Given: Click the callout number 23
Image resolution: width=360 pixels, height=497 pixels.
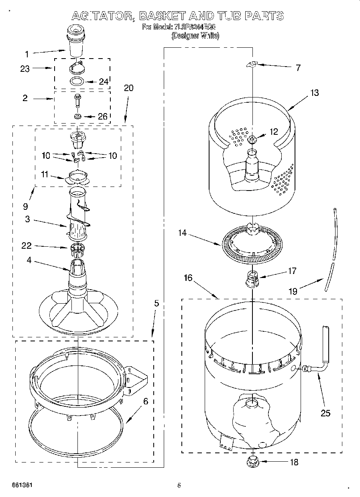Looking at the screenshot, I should click(25, 69).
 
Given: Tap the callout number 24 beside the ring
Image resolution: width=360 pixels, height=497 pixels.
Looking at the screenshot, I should click(104, 81).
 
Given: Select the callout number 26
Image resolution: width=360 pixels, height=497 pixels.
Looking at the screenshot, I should click(103, 117).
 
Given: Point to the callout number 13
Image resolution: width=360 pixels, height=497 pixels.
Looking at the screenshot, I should click(314, 93).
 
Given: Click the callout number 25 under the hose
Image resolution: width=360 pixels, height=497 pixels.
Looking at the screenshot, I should click(325, 413).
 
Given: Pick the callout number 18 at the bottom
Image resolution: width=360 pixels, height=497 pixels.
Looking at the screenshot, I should click(294, 462).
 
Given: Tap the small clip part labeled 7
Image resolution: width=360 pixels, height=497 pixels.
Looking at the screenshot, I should click(252, 64).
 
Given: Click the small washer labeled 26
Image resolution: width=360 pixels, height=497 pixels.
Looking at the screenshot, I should click(77, 117).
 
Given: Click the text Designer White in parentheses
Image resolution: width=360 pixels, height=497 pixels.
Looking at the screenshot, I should click(195, 36).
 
